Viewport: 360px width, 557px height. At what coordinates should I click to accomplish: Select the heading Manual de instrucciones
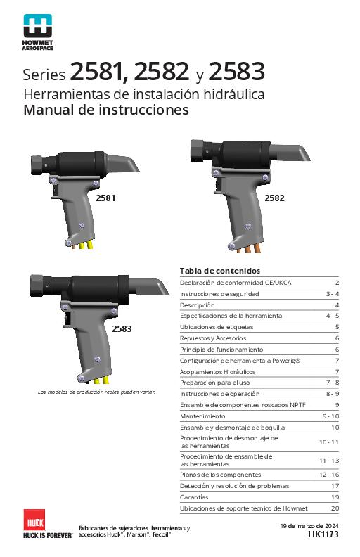[106, 110]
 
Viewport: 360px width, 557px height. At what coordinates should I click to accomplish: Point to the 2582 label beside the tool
[274, 198]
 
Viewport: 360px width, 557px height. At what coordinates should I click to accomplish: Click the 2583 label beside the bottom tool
[122, 328]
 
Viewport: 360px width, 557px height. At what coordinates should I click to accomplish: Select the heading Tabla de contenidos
[220, 271]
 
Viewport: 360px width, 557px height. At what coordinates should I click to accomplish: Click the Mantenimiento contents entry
[203, 416]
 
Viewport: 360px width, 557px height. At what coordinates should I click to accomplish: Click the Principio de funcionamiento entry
[221, 350]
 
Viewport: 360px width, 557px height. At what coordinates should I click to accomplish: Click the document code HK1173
[323, 535]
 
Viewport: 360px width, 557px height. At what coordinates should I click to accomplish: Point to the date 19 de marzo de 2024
[309, 526]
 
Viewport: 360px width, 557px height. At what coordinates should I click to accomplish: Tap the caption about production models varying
[96, 391]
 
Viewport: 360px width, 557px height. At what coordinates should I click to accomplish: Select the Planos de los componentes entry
[220, 475]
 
